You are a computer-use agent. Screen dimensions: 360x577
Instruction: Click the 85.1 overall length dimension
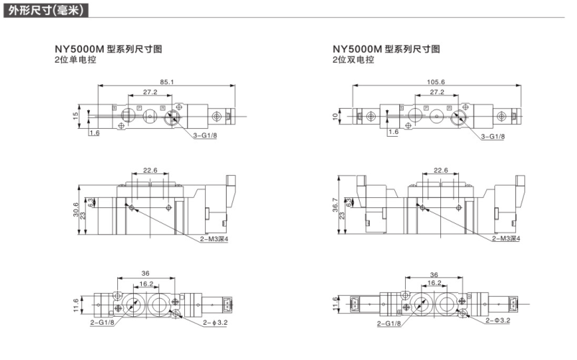tap(166, 82)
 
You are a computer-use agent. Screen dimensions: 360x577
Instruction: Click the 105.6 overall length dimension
tap(436, 82)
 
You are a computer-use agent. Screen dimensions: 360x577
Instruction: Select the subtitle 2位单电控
tap(75, 60)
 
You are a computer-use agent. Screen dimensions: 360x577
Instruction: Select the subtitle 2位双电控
tap(353, 60)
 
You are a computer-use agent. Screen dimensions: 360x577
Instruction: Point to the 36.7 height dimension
tap(334, 204)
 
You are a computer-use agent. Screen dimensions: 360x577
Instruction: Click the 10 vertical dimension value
tap(335, 114)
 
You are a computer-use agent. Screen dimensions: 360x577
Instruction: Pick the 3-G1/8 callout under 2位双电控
tap(492, 136)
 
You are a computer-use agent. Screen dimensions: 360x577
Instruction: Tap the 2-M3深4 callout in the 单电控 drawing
tap(214, 238)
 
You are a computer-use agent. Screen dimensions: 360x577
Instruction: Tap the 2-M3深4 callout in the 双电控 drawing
tap(506, 238)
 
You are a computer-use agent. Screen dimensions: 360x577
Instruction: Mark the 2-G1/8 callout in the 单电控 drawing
tap(102, 323)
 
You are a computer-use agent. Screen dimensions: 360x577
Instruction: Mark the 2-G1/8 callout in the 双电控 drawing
tap(389, 323)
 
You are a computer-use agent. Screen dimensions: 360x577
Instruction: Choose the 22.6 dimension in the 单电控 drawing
tap(150, 171)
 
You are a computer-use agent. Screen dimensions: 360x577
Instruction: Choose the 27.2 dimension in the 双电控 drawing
tap(436, 92)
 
